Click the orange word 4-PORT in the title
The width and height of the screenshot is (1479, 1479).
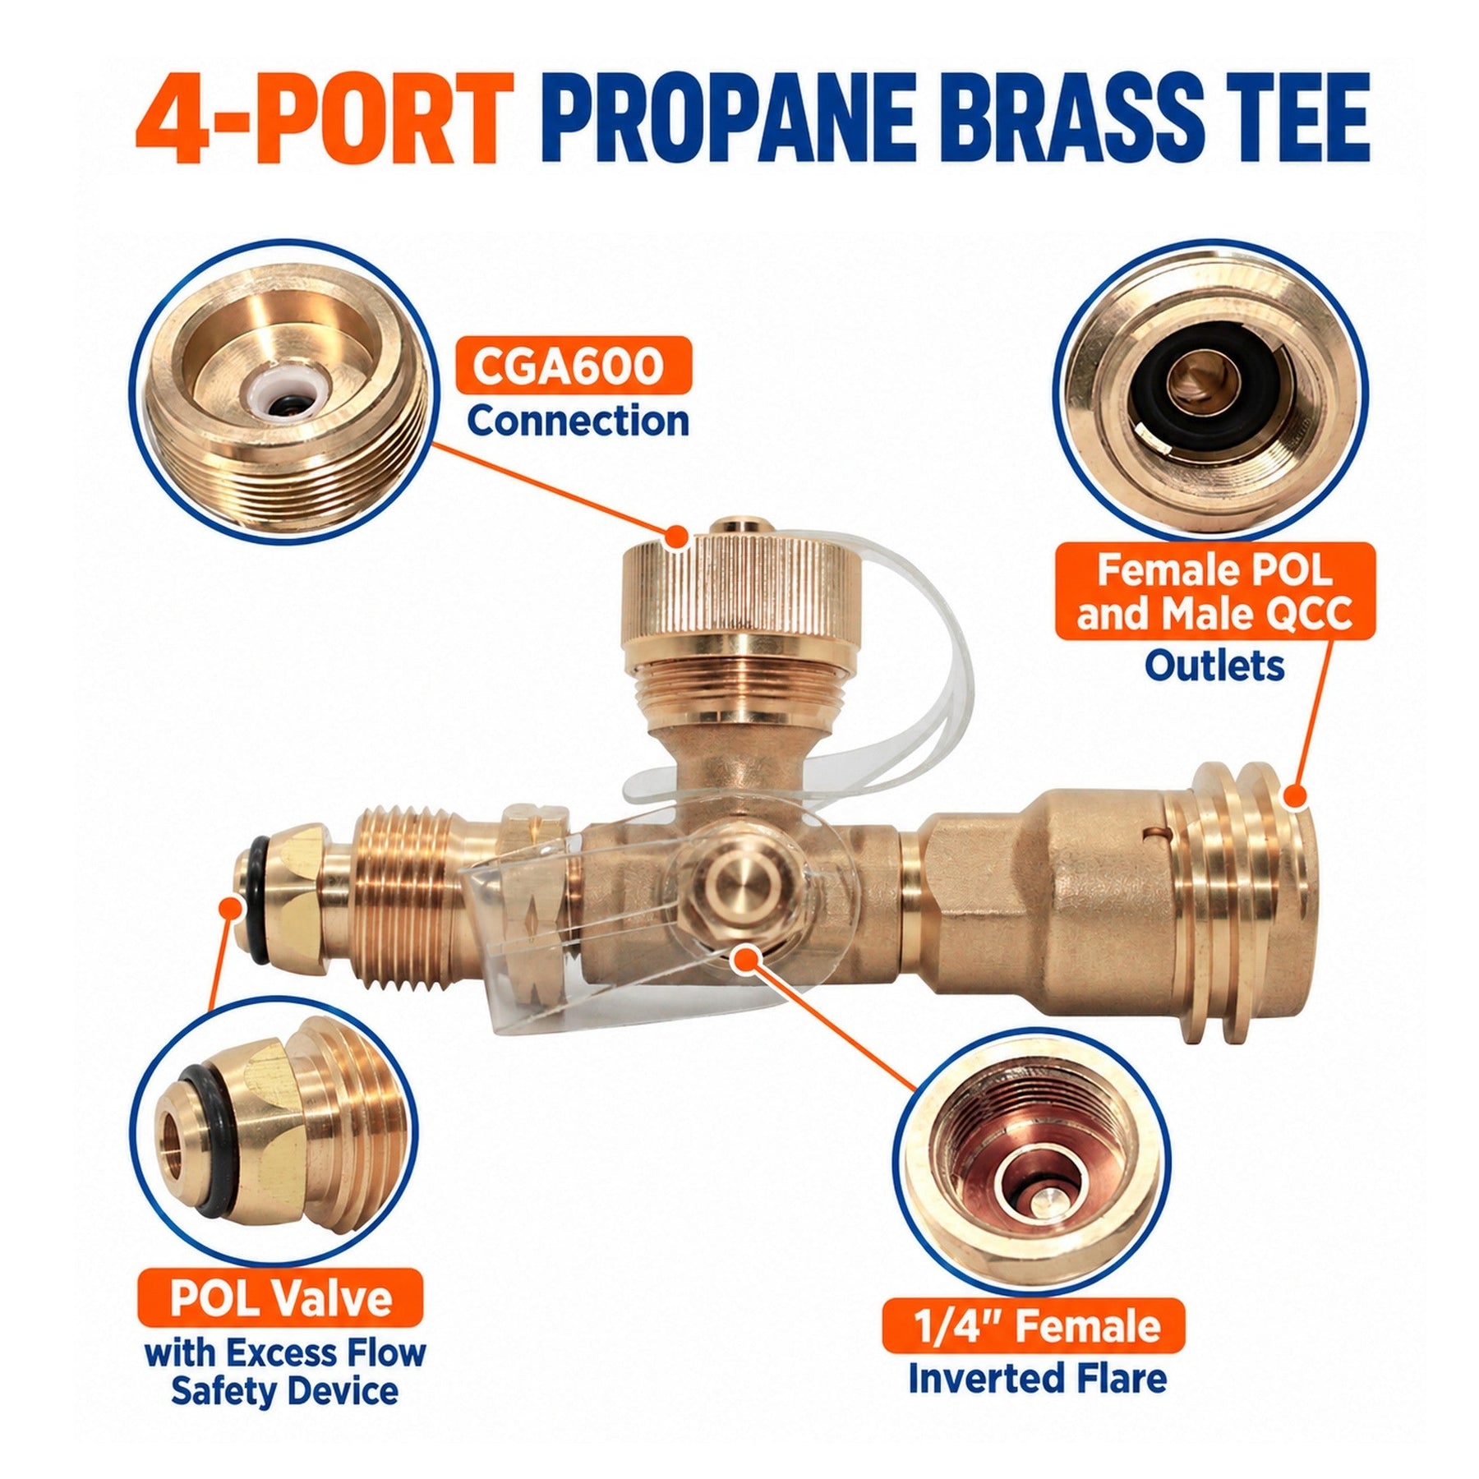point(325,120)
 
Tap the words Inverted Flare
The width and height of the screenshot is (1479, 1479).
point(1037,1385)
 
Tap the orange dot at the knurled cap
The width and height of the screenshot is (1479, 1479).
point(677,537)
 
